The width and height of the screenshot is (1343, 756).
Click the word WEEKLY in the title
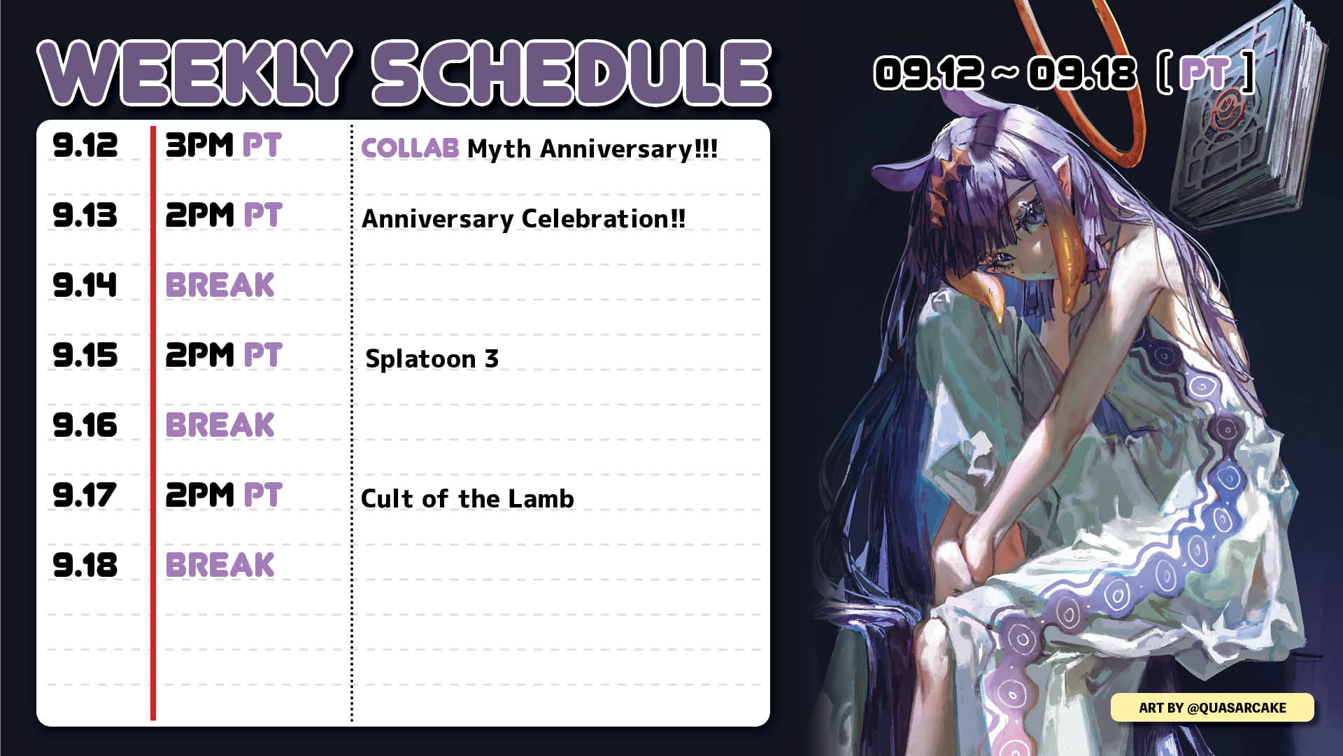click(x=194, y=73)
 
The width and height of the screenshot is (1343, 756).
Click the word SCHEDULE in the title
click(x=571, y=73)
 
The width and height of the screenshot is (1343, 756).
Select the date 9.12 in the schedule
click(x=85, y=146)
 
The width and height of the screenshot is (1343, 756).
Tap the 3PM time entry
click(x=199, y=146)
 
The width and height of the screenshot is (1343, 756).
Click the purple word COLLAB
click(x=410, y=148)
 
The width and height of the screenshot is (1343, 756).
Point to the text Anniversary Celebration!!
click(x=523, y=218)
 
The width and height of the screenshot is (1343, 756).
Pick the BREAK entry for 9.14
click(x=220, y=285)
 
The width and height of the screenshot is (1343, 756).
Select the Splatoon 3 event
click(x=432, y=358)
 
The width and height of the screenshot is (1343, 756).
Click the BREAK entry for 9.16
click(x=220, y=425)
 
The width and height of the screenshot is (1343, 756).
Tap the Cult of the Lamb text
click(x=467, y=498)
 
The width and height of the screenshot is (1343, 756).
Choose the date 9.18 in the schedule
click(x=85, y=565)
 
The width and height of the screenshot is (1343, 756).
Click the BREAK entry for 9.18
click(x=220, y=565)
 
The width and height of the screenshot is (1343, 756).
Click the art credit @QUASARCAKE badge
click(x=1212, y=708)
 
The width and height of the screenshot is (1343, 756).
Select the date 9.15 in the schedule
click(x=85, y=355)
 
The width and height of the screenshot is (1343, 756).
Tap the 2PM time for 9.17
click(x=199, y=495)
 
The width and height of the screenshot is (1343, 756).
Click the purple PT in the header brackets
click(x=1205, y=73)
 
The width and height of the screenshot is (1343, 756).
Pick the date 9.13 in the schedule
click(x=85, y=215)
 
